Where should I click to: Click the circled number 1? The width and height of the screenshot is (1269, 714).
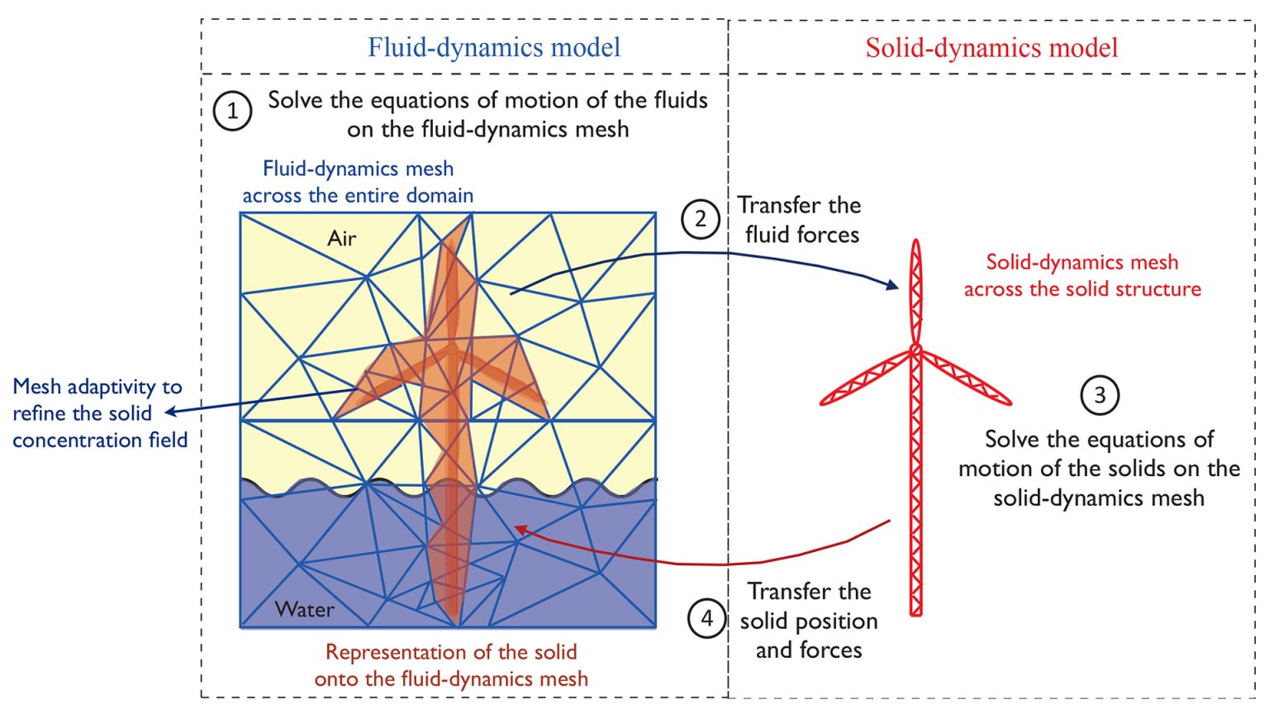tap(232, 111)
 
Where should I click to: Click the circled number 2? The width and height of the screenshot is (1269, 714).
tap(701, 219)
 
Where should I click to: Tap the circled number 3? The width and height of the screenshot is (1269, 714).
tap(1100, 395)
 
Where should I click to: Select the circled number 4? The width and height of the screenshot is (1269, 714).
tap(707, 618)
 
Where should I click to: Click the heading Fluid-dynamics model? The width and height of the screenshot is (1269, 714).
tap(494, 47)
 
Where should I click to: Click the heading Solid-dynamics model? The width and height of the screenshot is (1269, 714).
tap(991, 47)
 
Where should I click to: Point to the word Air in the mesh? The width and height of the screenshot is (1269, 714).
tap(341, 239)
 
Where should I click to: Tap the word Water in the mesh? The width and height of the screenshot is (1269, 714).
tap(305, 610)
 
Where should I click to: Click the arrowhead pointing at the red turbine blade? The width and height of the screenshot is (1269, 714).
tap(893, 285)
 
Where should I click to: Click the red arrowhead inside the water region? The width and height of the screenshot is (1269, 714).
tap(520, 530)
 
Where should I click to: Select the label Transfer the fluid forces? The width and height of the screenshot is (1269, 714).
tap(800, 220)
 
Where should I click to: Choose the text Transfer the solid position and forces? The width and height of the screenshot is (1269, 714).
tap(809, 621)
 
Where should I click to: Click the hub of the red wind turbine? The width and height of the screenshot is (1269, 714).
tap(915, 350)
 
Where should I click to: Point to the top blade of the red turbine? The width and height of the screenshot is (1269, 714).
tap(915, 289)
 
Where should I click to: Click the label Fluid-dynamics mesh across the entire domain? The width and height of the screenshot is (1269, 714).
tap(358, 182)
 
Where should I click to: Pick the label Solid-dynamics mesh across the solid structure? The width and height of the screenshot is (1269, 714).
tap(1082, 275)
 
